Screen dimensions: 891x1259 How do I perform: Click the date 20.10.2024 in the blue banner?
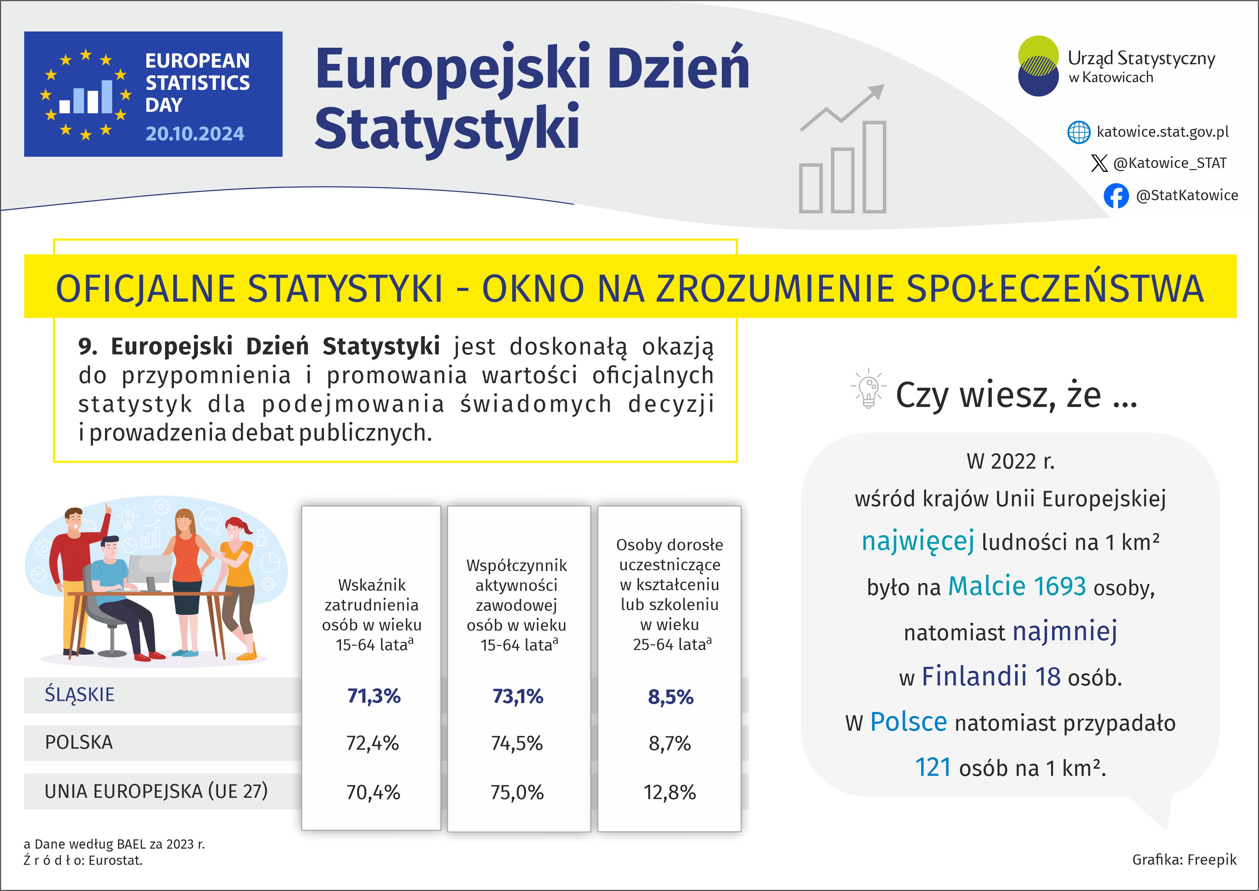tap(195, 134)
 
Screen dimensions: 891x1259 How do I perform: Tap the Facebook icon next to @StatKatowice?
tap(1116, 196)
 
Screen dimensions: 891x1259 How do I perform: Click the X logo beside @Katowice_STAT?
tap(1099, 163)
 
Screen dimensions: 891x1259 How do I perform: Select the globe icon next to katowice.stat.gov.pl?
tap(1079, 132)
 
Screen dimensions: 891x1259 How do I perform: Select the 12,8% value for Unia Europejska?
tap(669, 792)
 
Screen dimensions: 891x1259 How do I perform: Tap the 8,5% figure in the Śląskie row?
tap(670, 697)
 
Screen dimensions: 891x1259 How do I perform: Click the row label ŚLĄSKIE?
tap(80, 694)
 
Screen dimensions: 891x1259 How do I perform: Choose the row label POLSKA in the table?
tap(79, 742)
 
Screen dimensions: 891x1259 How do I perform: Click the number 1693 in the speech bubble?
tap(1059, 586)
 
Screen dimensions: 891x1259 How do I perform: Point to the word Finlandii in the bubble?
tap(974, 676)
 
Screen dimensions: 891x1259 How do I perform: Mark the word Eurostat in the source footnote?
tap(115, 860)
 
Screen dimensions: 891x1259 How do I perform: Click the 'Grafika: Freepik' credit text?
tap(1184, 860)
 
